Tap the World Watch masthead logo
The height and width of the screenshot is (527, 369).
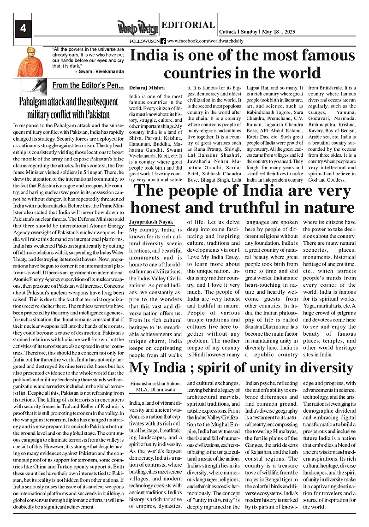pyautogui.click(x=137, y=28)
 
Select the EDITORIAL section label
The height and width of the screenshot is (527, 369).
pyautogui.click(x=189, y=25)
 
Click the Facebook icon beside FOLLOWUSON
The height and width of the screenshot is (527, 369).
pyautogui.click(x=163, y=41)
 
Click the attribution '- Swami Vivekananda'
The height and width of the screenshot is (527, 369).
pyautogui.click(x=99, y=71)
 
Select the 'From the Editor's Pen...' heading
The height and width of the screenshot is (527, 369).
pyautogui.click(x=88, y=85)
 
